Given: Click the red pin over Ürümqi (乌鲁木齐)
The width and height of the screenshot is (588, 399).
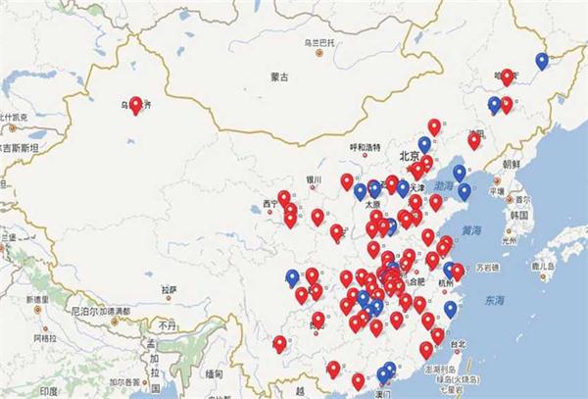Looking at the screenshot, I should (x=136, y=104).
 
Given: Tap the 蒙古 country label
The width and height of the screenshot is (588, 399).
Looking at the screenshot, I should (x=280, y=76).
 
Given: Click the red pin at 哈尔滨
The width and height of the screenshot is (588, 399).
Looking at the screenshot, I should (x=507, y=75).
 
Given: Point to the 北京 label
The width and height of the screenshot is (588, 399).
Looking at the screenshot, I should (x=409, y=156).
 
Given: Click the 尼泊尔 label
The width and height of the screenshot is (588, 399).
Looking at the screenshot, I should (x=96, y=311).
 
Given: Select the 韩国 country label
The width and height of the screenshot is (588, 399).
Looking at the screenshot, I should (x=519, y=214).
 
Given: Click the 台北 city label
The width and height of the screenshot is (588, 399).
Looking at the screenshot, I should (x=458, y=345).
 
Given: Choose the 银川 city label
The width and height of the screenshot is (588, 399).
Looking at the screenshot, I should (x=314, y=180).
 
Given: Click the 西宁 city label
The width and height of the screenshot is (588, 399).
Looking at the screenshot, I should (x=270, y=204).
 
